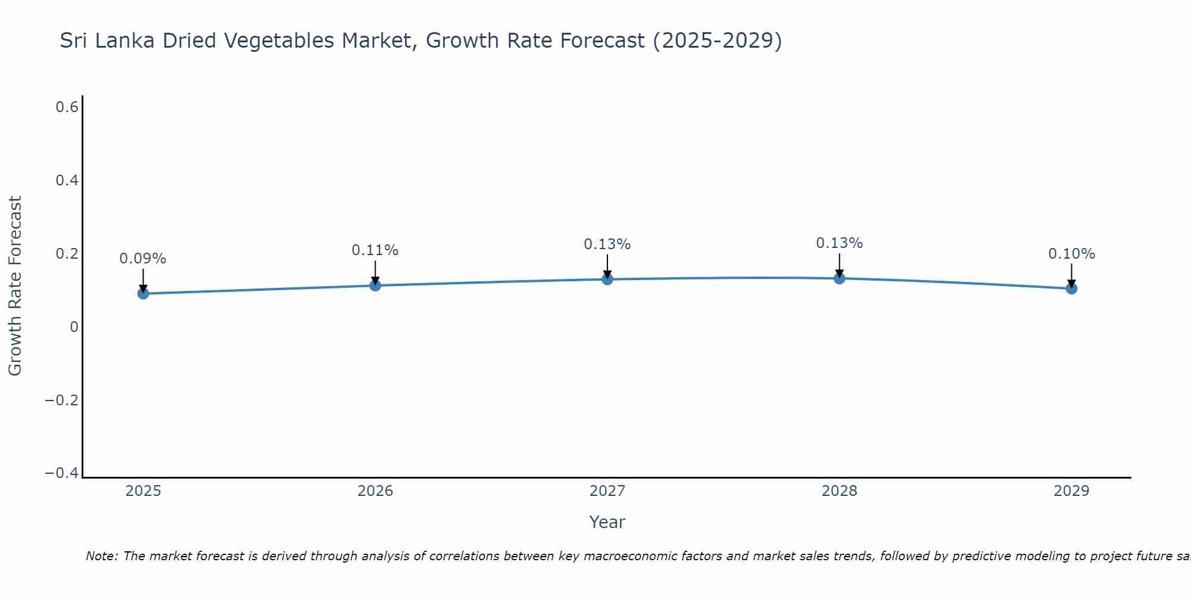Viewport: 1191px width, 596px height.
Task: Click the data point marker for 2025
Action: pyautogui.click(x=143, y=293)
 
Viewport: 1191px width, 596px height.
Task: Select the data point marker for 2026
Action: pyautogui.click(x=375, y=285)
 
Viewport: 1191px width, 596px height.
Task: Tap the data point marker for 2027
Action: pyautogui.click(x=607, y=279)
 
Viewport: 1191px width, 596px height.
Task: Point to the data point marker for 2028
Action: pyautogui.click(x=840, y=278)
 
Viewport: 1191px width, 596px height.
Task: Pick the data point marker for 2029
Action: pyautogui.click(x=1071, y=288)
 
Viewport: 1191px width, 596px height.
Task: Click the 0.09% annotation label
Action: pyautogui.click(x=143, y=259)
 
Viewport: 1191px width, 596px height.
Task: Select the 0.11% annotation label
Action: pyautogui.click(x=375, y=250)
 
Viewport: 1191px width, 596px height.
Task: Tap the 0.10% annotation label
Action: pyautogui.click(x=1071, y=254)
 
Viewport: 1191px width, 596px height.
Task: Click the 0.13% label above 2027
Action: pyautogui.click(x=607, y=244)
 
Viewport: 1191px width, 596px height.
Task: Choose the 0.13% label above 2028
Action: pyautogui.click(x=840, y=243)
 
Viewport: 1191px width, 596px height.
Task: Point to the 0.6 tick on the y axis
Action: pyautogui.click(x=67, y=107)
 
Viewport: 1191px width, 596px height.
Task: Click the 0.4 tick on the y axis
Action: pyautogui.click(x=67, y=180)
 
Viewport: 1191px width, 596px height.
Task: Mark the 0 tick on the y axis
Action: pyautogui.click(x=74, y=327)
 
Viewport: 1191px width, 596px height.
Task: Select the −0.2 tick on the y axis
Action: pyautogui.click(x=61, y=400)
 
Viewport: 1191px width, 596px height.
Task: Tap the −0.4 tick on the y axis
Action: pyautogui.click(x=61, y=473)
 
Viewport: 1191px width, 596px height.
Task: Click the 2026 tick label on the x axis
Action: pyautogui.click(x=375, y=491)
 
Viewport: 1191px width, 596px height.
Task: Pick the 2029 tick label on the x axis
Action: pyautogui.click(x=1071, y=491)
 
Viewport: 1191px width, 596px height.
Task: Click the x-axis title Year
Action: pyautogui.click(x=607, y=522)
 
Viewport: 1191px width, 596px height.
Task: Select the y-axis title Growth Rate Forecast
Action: pyautogui.click(x=15, y=286)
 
